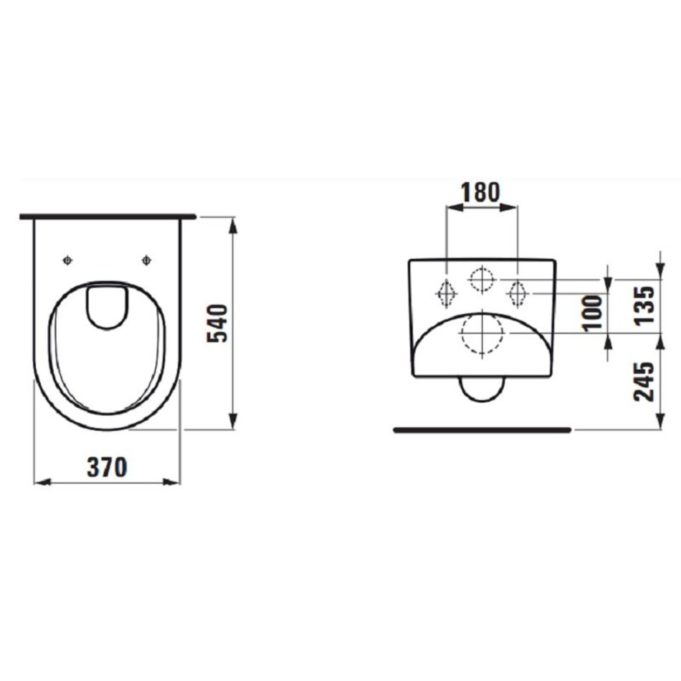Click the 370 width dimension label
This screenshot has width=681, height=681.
click(108, 467)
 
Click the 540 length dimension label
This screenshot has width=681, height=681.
click(217, 323)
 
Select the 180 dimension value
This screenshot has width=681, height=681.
click(480, 192)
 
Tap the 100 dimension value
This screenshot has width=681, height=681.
click(593, 313)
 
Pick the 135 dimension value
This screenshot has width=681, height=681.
click(644, 305)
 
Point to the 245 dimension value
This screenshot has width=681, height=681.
click(644, 381)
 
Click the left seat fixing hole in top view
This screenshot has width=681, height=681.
click(67, 261)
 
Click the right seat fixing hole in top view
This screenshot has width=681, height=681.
click(147, 261)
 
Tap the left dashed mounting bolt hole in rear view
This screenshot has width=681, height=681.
click(446, 294)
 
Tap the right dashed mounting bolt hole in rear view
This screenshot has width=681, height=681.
click(518, 294)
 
